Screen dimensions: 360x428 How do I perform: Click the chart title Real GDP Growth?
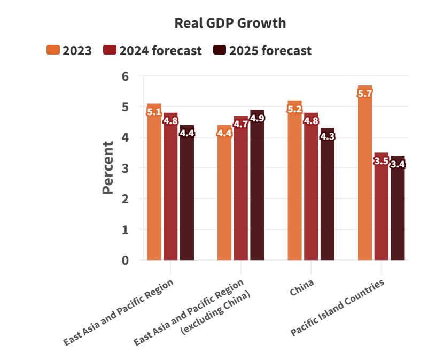click(230, 24)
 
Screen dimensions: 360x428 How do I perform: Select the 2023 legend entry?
click(69, 51)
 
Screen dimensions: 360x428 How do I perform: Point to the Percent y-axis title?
click(108, 167)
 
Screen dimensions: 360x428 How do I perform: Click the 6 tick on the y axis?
click(126, 76)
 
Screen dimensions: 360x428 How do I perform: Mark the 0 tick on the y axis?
click(126, 261)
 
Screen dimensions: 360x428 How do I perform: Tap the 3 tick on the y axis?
click(126, 168)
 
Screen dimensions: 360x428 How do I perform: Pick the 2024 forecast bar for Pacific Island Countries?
click(382, 209)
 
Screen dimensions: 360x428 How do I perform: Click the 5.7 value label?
click(365, 93)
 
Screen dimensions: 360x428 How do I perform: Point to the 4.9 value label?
click(258, 118)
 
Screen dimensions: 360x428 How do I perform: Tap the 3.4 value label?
click(398, 164)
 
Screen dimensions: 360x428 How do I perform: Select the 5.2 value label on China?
click(294, 109)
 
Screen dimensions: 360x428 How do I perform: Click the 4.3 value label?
click(328, 136)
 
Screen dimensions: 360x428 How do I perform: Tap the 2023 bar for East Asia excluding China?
click(224, 195)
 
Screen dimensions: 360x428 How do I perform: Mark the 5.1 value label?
click(154, 112)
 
